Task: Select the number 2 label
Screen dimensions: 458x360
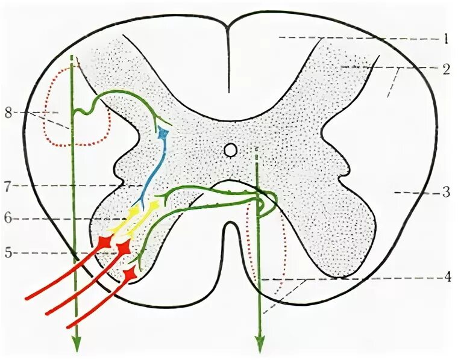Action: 445,68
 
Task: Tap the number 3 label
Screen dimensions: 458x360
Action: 445,193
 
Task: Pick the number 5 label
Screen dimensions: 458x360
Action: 8,252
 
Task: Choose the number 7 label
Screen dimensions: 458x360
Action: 8,187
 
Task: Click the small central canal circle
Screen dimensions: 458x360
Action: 230,149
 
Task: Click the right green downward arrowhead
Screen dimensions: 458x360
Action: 260,345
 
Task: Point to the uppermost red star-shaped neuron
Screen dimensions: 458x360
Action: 105,241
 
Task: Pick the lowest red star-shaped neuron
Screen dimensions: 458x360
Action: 128,275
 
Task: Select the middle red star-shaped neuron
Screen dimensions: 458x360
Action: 124,247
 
